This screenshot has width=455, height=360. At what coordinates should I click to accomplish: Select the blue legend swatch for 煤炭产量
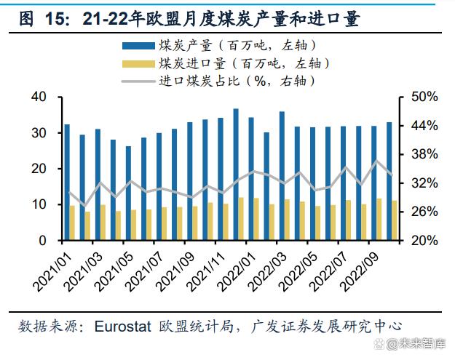[138, 46]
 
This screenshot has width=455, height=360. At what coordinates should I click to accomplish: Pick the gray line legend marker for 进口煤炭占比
[138, 81]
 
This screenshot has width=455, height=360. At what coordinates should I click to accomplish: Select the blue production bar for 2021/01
[67, 182]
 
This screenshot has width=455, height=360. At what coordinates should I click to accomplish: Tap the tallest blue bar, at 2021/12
[236, 175]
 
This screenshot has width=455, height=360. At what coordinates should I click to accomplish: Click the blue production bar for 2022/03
[282, 175]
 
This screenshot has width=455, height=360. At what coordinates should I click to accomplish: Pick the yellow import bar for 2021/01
[72, 223]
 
